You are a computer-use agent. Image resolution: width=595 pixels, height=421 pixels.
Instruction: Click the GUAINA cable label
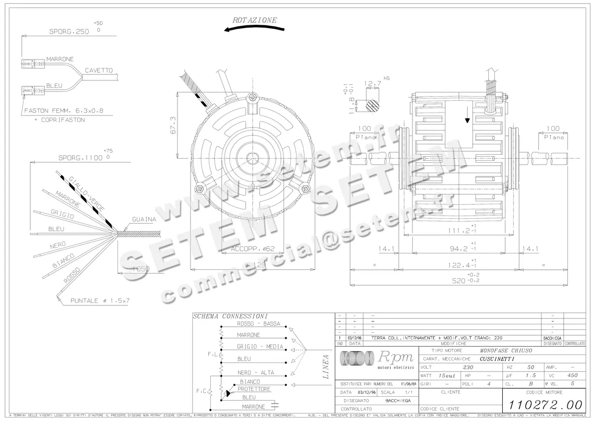[x=144, y=219]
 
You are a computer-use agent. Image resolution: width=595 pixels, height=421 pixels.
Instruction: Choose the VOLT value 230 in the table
[x=468, y=367]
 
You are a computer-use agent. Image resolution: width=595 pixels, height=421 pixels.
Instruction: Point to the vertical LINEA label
[x=326, y=367]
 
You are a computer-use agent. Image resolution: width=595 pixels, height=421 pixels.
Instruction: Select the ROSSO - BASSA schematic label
[x=258, y=324]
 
